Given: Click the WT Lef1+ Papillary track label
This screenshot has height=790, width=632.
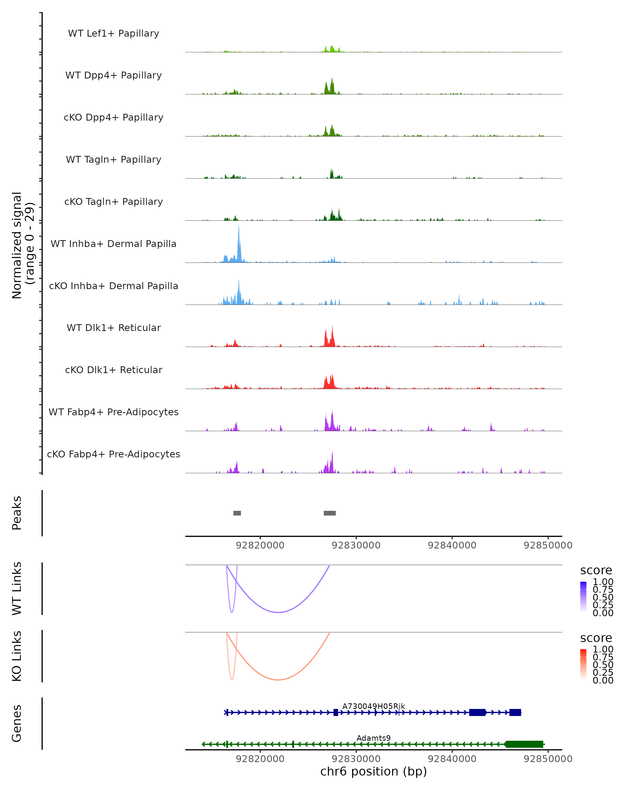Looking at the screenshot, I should (113, 33).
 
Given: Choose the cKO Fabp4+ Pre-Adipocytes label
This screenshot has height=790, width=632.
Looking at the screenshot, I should (113, 454).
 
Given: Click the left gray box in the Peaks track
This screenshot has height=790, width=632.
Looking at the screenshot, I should (237, 513).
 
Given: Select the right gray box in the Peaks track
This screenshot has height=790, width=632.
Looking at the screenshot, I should (329, 513).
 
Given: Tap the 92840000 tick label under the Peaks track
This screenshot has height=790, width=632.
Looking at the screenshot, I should (452, 545).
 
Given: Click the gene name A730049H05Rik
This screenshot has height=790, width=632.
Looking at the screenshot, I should (373, 706).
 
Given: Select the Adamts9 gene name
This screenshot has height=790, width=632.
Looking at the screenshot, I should (373, 738).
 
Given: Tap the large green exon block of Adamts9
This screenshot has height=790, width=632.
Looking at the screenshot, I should (524, 744).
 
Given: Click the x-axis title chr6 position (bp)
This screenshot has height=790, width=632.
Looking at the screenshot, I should (373, 771).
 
